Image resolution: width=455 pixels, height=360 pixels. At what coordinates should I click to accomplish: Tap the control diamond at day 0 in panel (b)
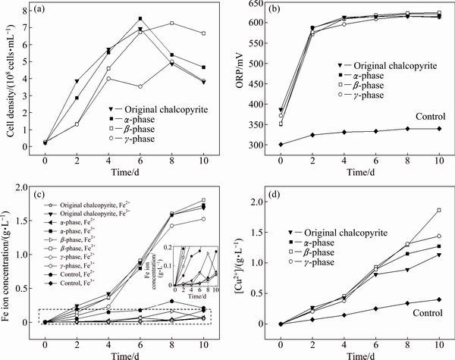tap(281, 144)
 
